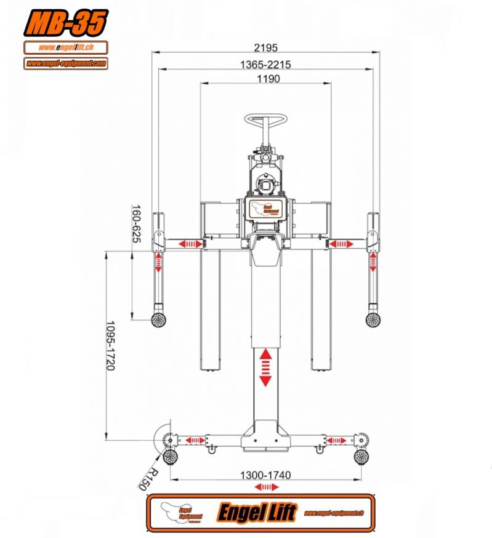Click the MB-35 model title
[x=66, y=23]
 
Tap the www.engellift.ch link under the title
[x=66, y=47]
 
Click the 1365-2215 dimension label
[x=265, y=64]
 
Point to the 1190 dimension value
[x=265, y=79]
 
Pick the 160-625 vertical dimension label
[x=136, y=223]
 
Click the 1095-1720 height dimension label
[x=111, y=345]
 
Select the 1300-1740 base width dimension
[x=266, y=475]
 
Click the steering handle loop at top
[x=267, y=118]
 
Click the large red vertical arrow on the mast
[x=265, y=367]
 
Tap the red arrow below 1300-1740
[x=265, y=487]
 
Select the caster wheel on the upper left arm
[x=159, y=319]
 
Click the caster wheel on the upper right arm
[x=373, y=319]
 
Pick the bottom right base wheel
[x=361, y=456]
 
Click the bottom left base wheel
[x=170, y=456]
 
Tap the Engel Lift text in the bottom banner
[x=257, y=512]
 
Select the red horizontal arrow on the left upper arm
[x=190, y=244]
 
